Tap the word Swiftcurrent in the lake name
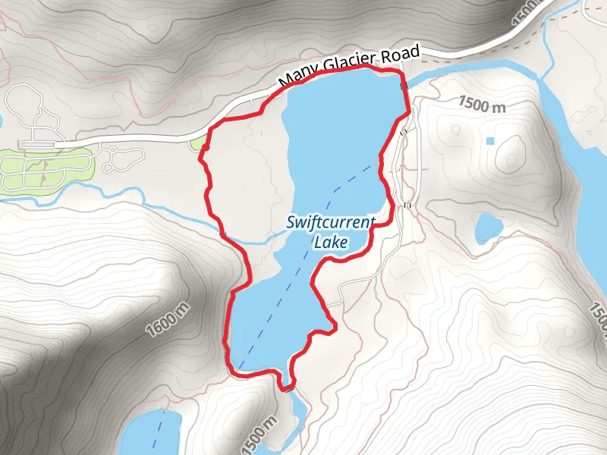[x=331, y=223]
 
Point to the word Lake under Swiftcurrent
[x=330, y=243]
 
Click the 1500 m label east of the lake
[x=482, y=105]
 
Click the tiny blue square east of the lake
[x=489, y=141]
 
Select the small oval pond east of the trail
[x=489, y=226]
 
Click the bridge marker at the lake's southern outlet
[x=287, y=388]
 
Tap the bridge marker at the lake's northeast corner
[x=404, y=86]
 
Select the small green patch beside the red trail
[x=198, y=143]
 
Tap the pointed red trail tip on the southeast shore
[x=334, y=328]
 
